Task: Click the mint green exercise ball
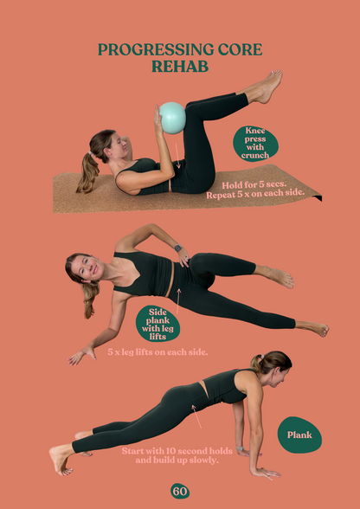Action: pos(172,118)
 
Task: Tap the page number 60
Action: pos(180,491)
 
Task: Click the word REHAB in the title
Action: pos(180,66)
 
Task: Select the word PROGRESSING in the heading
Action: pos(156,49)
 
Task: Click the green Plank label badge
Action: pos(299,435)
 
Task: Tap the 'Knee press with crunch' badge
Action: pos(255,143)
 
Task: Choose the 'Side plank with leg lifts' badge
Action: pos(157,324)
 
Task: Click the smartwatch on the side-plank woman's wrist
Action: pos(178,248)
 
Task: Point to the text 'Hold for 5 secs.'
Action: pos(254,185)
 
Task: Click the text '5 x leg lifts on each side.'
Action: pos(157,352)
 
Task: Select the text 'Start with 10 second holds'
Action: pos(177,451)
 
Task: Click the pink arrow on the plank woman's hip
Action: pos(196,416)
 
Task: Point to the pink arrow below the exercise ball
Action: pos(177,156)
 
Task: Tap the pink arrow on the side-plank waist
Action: pos(178,301)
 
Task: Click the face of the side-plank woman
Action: pos(85,269)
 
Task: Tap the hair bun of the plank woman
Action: pos(256,362)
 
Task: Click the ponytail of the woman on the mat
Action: pos(87,172)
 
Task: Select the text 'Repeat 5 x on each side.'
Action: pos(255,196)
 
